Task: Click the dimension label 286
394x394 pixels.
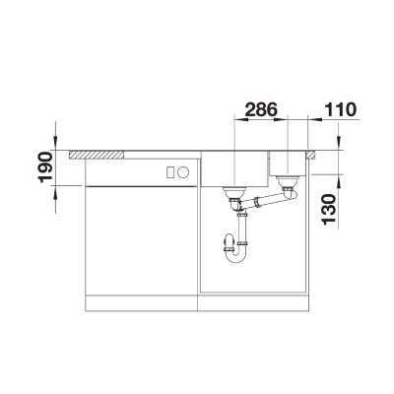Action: point(262,109)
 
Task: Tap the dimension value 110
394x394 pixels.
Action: point(340,109)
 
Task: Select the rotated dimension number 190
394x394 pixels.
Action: point(45,166)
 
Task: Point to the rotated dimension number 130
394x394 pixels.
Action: point(330,210)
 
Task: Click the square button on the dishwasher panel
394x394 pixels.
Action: point(170,172)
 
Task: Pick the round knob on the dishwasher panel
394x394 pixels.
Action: point(183,172)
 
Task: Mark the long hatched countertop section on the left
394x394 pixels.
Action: point(97,155)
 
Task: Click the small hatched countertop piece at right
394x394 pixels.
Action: point(311,155)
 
